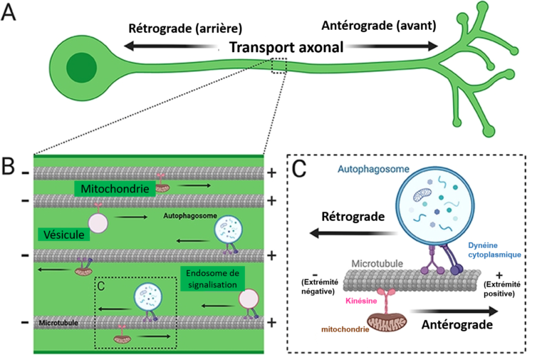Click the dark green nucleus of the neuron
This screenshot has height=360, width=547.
pos(78,69)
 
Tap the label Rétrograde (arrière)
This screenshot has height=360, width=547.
pos(185,29)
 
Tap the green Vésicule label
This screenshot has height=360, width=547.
pos(62,234)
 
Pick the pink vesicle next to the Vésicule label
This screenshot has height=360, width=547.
pos(99,222)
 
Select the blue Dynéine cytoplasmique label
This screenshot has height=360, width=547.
pos(496,250)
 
